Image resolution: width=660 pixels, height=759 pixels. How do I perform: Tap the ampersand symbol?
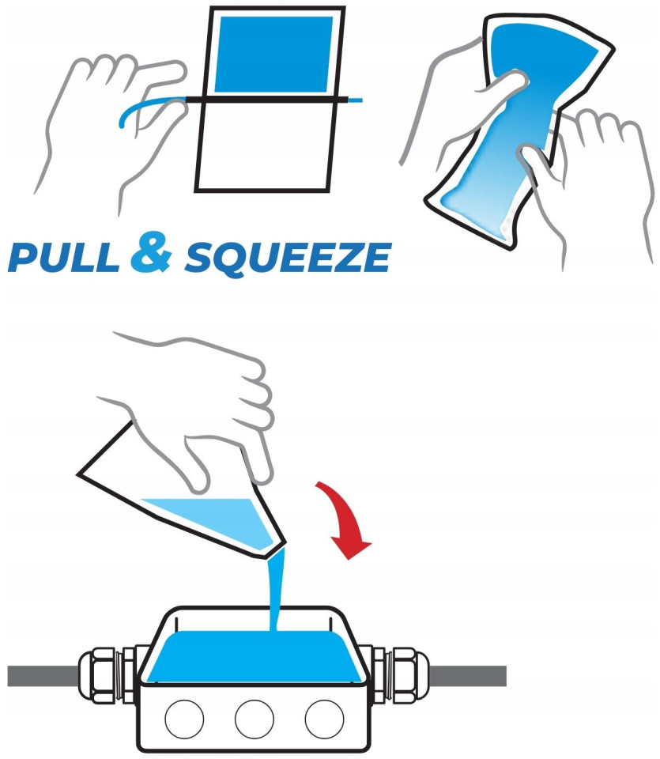pos(152,251)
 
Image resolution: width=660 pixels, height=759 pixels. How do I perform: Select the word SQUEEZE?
pos(288,258)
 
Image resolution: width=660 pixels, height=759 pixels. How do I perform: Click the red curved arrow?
pos(346,520)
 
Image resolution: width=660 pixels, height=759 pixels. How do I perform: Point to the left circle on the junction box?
pos(184,719)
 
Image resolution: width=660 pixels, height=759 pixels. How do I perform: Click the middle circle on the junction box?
pos(255,719)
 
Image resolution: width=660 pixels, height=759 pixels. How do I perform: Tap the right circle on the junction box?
pos(324,719)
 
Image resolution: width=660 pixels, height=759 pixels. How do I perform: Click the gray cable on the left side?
pos(43,676)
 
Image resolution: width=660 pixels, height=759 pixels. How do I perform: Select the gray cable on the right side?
pos(467,676)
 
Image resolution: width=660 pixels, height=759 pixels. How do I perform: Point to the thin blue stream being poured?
pos(276,590)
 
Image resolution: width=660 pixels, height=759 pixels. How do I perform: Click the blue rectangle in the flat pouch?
pos(273,54)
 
